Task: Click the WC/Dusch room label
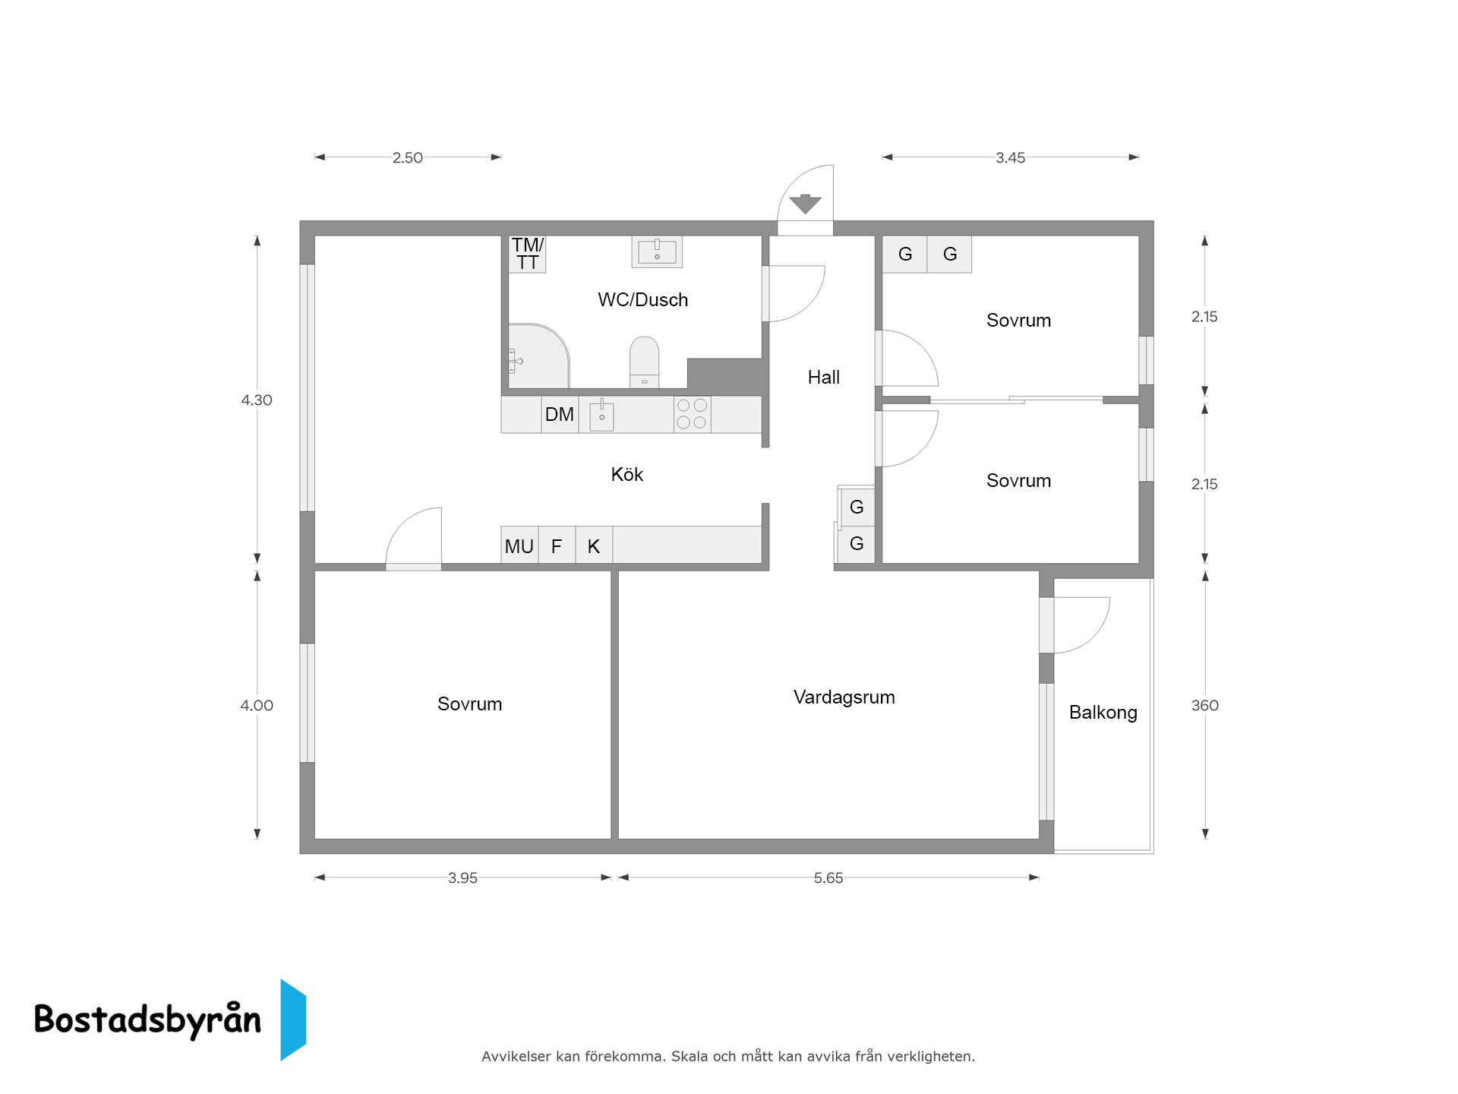[642, 300]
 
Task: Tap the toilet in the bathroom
[645, 362]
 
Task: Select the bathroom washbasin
[657, 251]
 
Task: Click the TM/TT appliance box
[527, 254]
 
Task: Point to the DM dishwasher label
[560, 414]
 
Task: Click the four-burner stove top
[692, 414]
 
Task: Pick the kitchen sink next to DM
[601, 415]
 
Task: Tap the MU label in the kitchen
[519, 546]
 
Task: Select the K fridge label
[594, 546]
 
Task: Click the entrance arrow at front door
[805, 204]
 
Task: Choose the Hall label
[824, 378]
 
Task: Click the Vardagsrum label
[844, 697]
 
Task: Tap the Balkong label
[1103, 713]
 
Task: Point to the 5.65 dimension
[828, 878]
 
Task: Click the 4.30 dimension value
[257, 400]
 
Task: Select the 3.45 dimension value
[1011, 158]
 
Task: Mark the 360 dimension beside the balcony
[1205, 706]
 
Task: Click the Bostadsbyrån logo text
[148, 1020]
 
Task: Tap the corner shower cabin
[538, 356]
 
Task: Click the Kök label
[627, 475]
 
